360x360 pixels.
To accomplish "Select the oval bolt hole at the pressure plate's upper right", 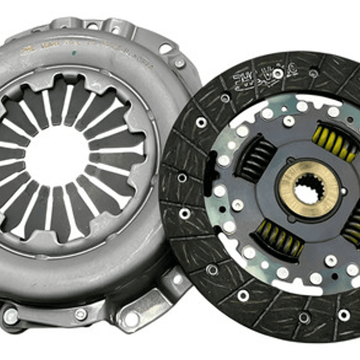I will coord(165,49).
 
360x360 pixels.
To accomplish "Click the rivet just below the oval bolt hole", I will coord(179,64).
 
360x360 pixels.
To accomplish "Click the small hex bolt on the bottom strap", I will coord(80,314).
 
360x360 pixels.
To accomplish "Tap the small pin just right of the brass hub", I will coord(343,191).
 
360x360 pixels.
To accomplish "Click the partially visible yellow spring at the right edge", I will coord(352,225).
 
